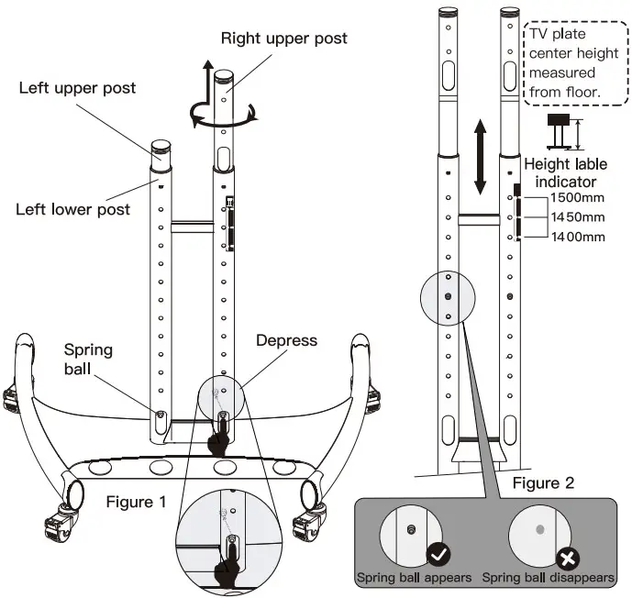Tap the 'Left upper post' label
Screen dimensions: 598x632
(x=77, y=88)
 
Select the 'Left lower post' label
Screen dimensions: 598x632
(x=73, y=209)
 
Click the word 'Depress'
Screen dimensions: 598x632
(x=286, y=340)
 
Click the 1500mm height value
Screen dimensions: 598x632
(x=578, y=199)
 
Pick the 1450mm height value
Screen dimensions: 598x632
(x=578, y=217)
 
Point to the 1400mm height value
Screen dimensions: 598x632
(x=578, y=237)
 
